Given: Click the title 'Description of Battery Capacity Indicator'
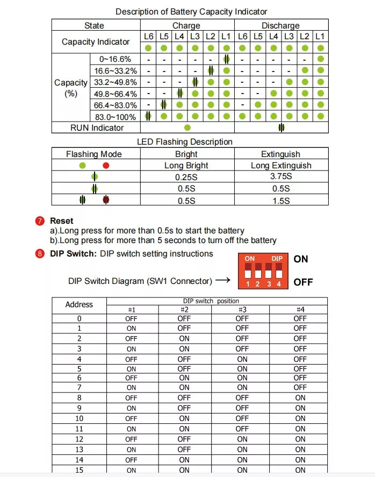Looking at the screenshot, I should coord(191,11).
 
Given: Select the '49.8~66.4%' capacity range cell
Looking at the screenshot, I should coord(115,94).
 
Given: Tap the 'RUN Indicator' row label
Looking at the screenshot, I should coord(97,127).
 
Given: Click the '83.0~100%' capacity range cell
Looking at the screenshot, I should coord(115,116).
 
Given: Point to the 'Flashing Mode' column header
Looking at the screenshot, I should coord(94,154).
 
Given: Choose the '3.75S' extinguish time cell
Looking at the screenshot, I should coord(281,176).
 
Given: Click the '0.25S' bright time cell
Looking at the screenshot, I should coord(186,176).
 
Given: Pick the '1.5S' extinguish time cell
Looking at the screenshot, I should coord(281,200).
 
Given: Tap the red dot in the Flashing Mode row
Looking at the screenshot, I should coord(106,166).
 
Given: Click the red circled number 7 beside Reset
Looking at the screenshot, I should coord(40,221).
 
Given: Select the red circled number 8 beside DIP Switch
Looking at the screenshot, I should coord(40,254).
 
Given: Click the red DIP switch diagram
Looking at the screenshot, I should coord(263,270).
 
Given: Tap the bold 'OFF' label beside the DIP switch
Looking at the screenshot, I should coord(303,282).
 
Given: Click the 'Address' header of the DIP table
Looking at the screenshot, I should coord(79,304).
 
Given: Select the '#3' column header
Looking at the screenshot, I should coord(242,310).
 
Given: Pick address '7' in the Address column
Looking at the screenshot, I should coord(79,387).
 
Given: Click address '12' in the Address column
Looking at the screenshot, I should coord(79,439).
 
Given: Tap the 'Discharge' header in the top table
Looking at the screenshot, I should coord(280,25).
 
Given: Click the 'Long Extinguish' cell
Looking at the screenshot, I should coord(281,165).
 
